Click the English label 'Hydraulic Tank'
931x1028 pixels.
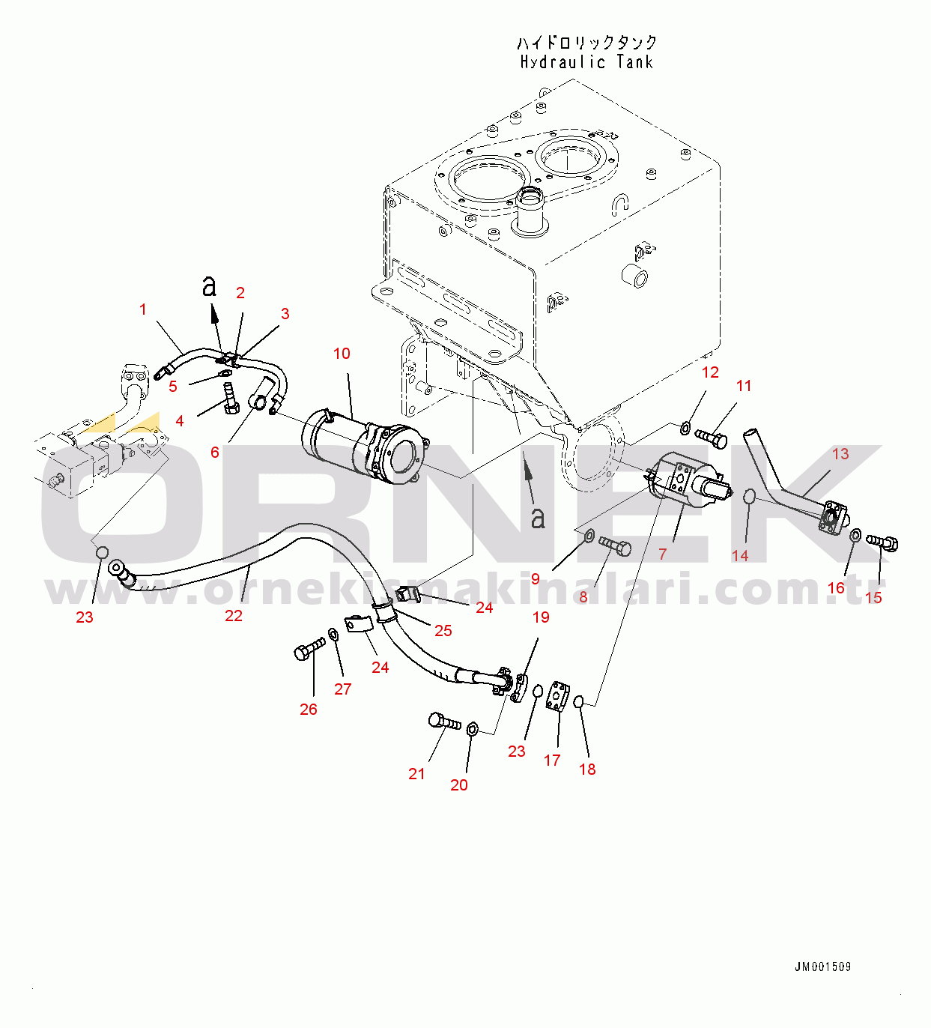(586, 62)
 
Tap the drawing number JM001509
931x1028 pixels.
(822, 967)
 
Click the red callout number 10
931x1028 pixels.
(342, 354)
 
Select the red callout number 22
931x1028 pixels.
(234, 616)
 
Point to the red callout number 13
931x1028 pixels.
(840, 454)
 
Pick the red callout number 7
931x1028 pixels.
(663, 554)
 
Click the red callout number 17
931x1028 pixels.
(552, 761)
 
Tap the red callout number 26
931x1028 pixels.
(309, 710)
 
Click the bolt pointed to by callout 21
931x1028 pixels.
(444, 722)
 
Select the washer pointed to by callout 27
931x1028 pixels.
(334, 635)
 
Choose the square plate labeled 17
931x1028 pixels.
(557, 696)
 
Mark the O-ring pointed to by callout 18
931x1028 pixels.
(579, 701)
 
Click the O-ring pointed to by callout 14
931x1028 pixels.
(750, 496)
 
